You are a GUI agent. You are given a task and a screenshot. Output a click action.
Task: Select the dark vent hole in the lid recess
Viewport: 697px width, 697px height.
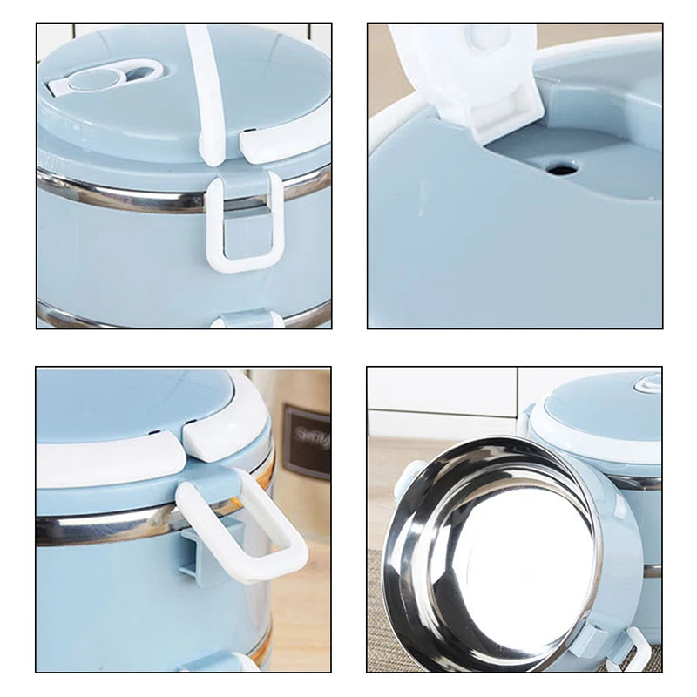click(562, 168)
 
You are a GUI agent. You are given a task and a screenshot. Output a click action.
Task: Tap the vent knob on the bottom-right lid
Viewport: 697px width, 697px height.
click(646, 383)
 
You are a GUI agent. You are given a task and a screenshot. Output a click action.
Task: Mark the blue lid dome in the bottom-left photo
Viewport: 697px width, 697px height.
click(131, 401)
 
